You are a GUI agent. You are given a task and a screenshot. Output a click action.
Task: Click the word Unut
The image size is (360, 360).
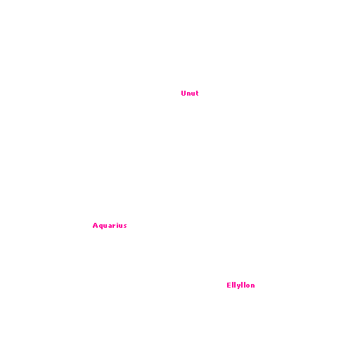190,94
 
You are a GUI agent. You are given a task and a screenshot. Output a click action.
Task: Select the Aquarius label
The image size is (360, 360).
110,226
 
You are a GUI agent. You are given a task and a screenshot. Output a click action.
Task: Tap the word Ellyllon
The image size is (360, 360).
240,285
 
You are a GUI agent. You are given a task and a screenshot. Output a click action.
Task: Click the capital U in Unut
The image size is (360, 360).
184,94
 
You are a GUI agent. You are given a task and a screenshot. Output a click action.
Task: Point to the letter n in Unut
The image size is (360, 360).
189,94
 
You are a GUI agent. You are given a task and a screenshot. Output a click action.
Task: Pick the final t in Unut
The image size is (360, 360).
197,94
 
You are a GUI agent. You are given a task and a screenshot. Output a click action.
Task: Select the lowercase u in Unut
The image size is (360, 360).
193,94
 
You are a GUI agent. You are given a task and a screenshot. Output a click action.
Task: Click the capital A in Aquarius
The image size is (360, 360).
96,226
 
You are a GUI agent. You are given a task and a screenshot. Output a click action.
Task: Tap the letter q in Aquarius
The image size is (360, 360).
101,226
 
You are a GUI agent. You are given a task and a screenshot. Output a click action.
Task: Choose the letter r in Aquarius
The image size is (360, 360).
115,226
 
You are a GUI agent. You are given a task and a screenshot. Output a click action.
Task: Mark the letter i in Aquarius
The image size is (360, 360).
118,226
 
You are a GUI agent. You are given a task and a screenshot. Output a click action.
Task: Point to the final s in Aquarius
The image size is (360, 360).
125,226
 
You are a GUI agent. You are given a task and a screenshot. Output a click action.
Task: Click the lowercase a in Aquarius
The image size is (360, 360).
110,226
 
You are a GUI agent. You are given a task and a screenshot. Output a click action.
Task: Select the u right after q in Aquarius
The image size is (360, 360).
105,226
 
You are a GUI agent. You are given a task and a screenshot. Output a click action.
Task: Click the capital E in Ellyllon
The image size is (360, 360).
229,285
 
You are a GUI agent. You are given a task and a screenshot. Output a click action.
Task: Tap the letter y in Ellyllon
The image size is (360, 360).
238,286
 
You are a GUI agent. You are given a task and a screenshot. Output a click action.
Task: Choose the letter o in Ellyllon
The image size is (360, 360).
247,285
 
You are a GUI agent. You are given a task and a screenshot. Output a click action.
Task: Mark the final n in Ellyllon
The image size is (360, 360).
253,285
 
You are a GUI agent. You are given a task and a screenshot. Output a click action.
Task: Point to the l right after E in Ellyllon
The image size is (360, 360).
233,285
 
